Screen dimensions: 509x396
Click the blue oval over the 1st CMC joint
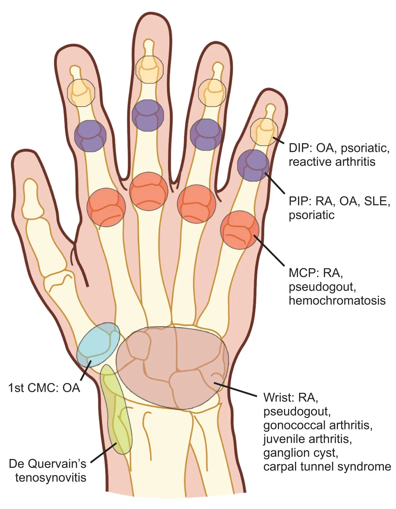(x=98, y=345)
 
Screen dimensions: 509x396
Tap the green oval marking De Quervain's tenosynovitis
(x=116, y=409)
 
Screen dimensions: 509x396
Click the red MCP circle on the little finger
(x=240, y=230)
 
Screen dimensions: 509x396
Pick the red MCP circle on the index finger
(x=106, y=207)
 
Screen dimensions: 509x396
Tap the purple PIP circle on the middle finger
(x=148, y=116)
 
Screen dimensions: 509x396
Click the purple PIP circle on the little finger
(x=253, y=165)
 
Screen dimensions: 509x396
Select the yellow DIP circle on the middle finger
(x=149, y=69)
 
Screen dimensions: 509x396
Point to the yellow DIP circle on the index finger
(x=81, y=93)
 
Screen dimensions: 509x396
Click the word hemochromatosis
(x=337, y=300)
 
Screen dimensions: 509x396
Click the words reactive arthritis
(x=332, y=162)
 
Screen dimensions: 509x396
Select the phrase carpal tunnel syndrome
(x=327, y=466)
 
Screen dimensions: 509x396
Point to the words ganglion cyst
(x=301, y=453)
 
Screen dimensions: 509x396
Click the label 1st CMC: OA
(x=44, y=388)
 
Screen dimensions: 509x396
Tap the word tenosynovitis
(x=51, y=477)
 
